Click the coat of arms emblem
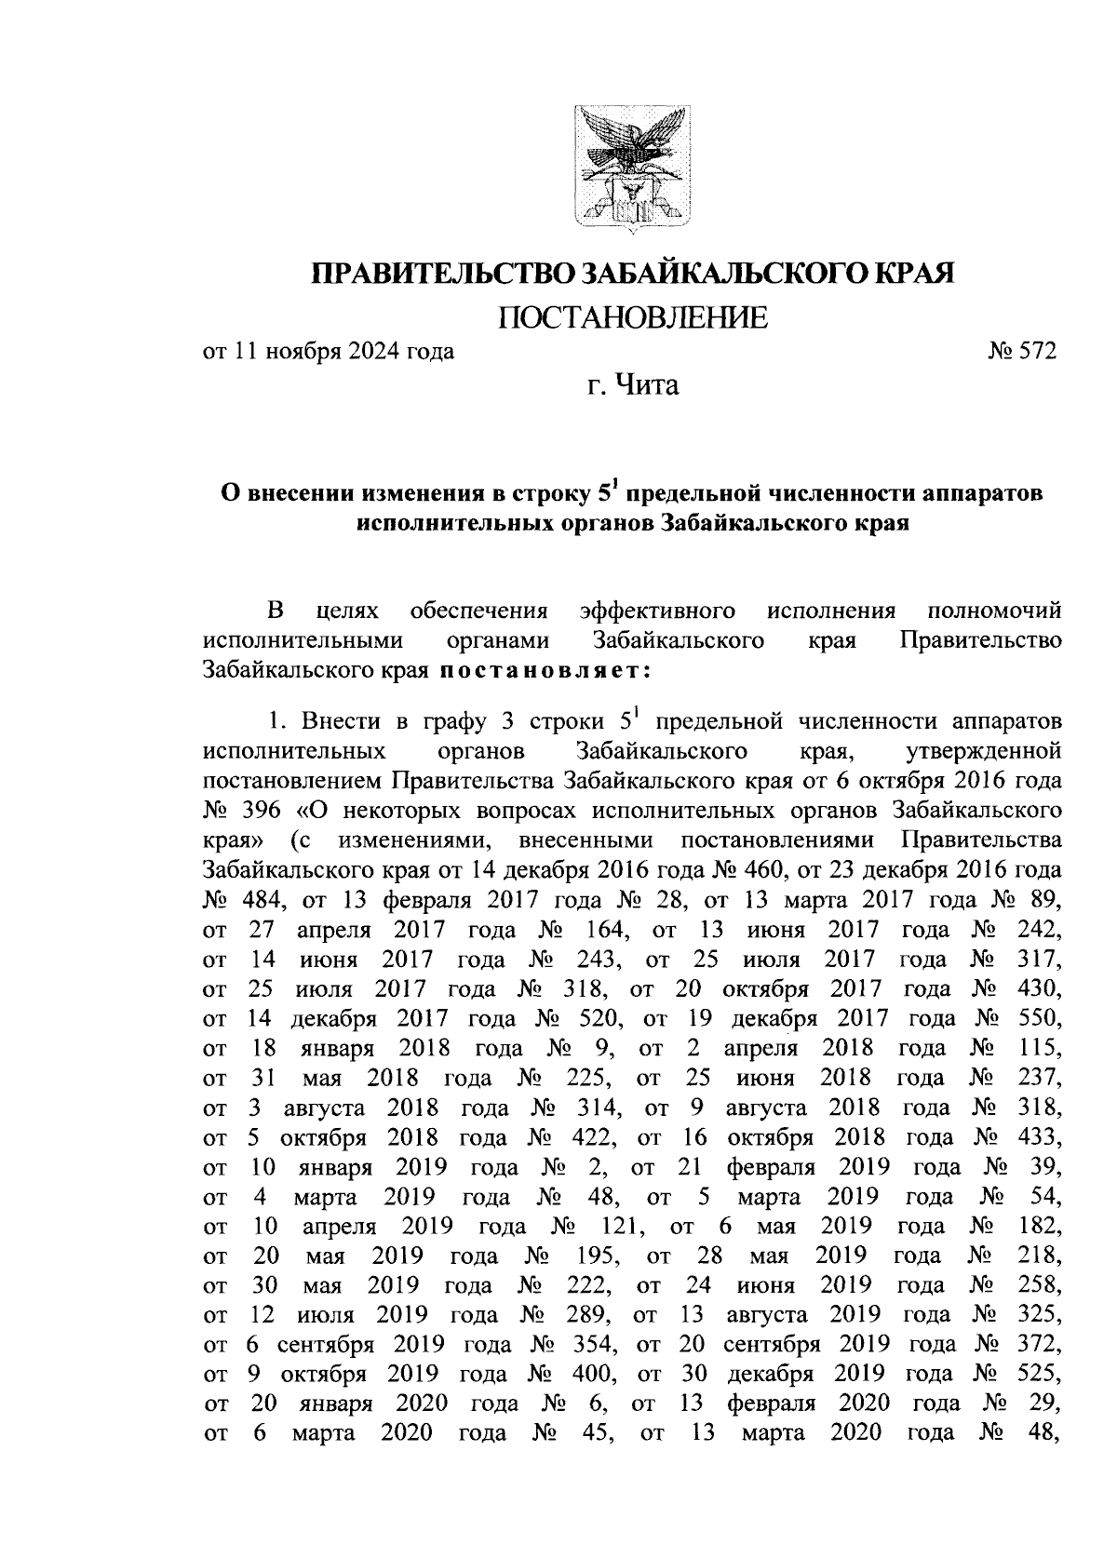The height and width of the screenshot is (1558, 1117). pyautogui.click(x=631, y=167)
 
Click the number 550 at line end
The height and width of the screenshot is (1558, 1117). pyautogui.click(x=1038, y=1018)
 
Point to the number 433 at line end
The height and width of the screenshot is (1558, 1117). pyautogui.click(x=1038, y=1137)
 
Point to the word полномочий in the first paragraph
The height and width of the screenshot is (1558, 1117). pyautogui.click(x=995, y=611)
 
